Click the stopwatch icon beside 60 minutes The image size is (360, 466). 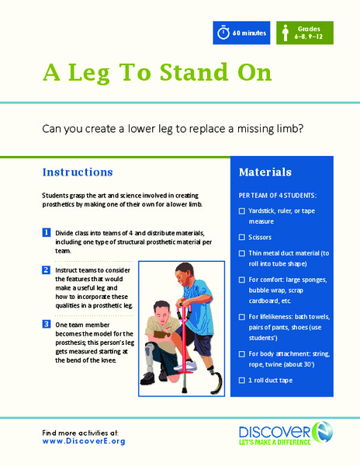pos(224,33)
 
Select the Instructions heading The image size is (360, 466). pos(78,172)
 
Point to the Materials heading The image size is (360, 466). pos(265,172)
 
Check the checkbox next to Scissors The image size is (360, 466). pos(241,236)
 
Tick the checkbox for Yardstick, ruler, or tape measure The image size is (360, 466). pos(241,210)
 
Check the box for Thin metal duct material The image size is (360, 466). pos(241,253)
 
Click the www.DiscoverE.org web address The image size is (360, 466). pos(83,441)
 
